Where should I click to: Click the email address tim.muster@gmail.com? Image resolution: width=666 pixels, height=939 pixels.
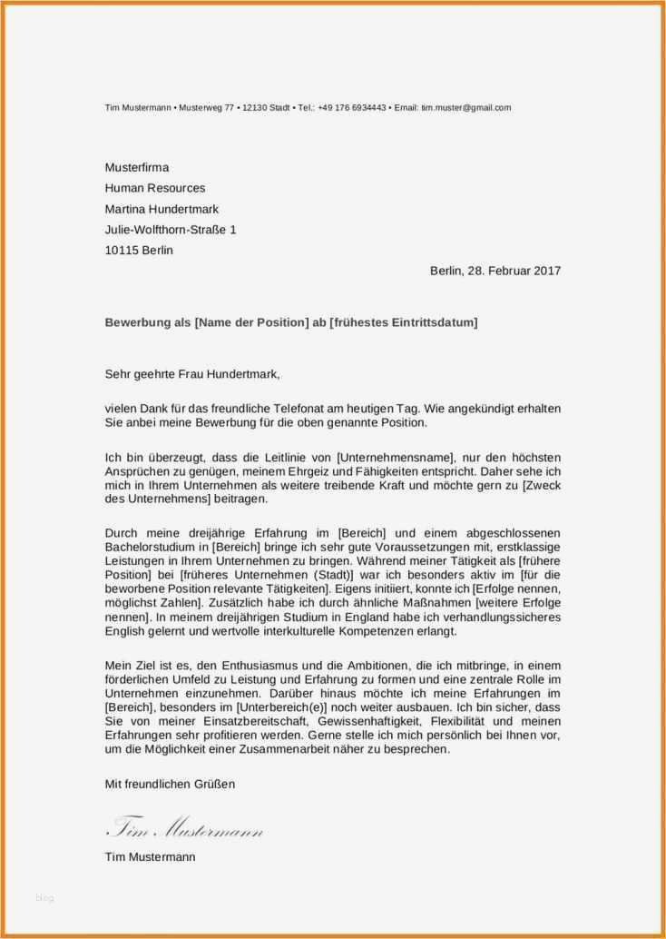click(x=465, y=107)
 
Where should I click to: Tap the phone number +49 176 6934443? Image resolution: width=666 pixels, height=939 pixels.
click(x=352, y=107)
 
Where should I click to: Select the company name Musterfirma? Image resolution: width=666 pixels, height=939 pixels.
click(x=137, y=167)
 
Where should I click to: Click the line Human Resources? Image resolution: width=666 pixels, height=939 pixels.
click(x=155, y=188)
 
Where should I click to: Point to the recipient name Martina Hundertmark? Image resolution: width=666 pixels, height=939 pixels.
click(x=162, y=209)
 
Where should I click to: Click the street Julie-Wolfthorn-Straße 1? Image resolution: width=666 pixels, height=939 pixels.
click(x=171, y=230)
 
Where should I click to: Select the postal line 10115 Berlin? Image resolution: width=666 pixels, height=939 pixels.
click(x=139, y=250)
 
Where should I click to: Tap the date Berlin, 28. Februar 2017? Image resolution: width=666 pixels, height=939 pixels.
click(x=495, y=271)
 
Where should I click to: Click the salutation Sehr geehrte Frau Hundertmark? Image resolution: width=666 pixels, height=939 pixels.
click(x=193, y=373)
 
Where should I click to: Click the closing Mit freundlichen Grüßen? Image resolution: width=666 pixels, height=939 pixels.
click(x=170, y=784)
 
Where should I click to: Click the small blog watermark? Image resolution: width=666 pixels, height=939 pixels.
click(x=44, y=898)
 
